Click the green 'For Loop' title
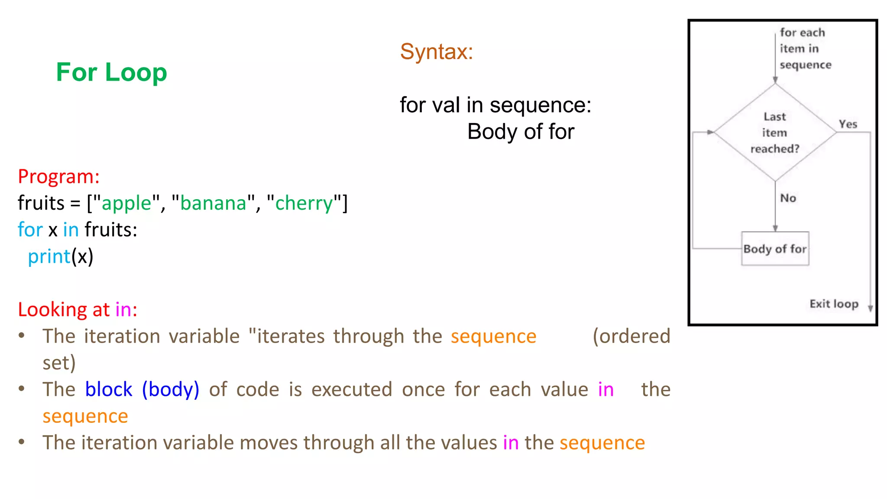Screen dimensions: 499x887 [111, 72]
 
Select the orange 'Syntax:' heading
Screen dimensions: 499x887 [436, 52]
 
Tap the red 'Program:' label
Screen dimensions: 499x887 [59, 177]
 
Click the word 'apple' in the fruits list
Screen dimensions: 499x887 [126, 203]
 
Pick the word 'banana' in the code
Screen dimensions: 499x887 [213, 203]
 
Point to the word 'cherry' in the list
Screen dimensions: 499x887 [304, 203]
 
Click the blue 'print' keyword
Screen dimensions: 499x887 [49, 256]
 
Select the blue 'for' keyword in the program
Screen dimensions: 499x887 [30, 230]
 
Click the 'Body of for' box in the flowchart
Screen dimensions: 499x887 [775, 249]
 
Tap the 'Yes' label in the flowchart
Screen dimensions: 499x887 [848, 124]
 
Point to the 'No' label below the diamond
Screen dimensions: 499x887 [788, 198]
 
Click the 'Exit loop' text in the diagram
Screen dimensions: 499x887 [834, 304]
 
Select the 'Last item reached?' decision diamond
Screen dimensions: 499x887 [775, 133]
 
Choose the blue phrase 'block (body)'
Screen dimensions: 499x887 [142, 389]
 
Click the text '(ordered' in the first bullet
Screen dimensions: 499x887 [631, 336]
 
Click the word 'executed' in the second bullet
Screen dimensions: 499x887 [352, 389]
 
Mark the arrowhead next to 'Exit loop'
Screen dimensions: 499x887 [870, 308]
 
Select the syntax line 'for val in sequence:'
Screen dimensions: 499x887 [495, 105]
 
